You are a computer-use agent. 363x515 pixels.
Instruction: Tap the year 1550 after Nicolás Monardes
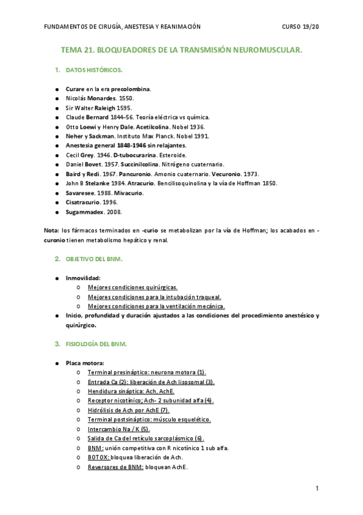click(x=126, y=98)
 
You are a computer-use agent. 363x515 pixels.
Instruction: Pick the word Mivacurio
click(x=128, y=193)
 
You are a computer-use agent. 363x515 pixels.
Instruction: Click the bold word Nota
click(x=52, y=230)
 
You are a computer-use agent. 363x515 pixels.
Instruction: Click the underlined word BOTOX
click(x=98, y=457)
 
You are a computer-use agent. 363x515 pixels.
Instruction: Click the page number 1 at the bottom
click(x=316, y=489)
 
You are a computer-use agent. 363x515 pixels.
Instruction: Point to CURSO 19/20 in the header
click(x=299, y=27)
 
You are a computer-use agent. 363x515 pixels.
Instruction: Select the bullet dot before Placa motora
click(x=57, y=363)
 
